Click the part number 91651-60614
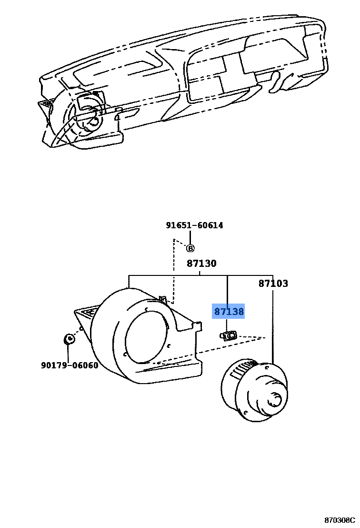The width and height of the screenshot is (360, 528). pyautogui.click(x=194, y=225)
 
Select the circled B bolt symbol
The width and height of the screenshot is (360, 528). pyautogui.click(x=190, y=248)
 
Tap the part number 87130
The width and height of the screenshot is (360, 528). pyautogui.click(x=201, y=264)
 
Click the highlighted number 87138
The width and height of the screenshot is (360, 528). pyautogui.click(x=229, y=312)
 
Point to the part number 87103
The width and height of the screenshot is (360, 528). pyautogui.click(x=273, y=284)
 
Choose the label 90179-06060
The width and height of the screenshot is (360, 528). pyautogui.click(x=70, y=366)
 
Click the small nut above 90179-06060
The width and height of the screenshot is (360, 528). pyautogui.click(x=69, y=339)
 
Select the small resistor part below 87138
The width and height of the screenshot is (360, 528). pyautogui.click(x=229, y=336)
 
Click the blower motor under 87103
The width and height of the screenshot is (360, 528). pyautogui.click(x=255, y=391)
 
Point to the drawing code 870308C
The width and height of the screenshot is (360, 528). pyautogui.click(x=340, y=519)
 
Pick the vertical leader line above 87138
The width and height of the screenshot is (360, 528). pyautogui.click(x=228, y=291)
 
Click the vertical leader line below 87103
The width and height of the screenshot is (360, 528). pyautogui.click(x=273, y=329)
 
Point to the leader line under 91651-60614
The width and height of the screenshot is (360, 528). pyautogui.click(x=190, y=237)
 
